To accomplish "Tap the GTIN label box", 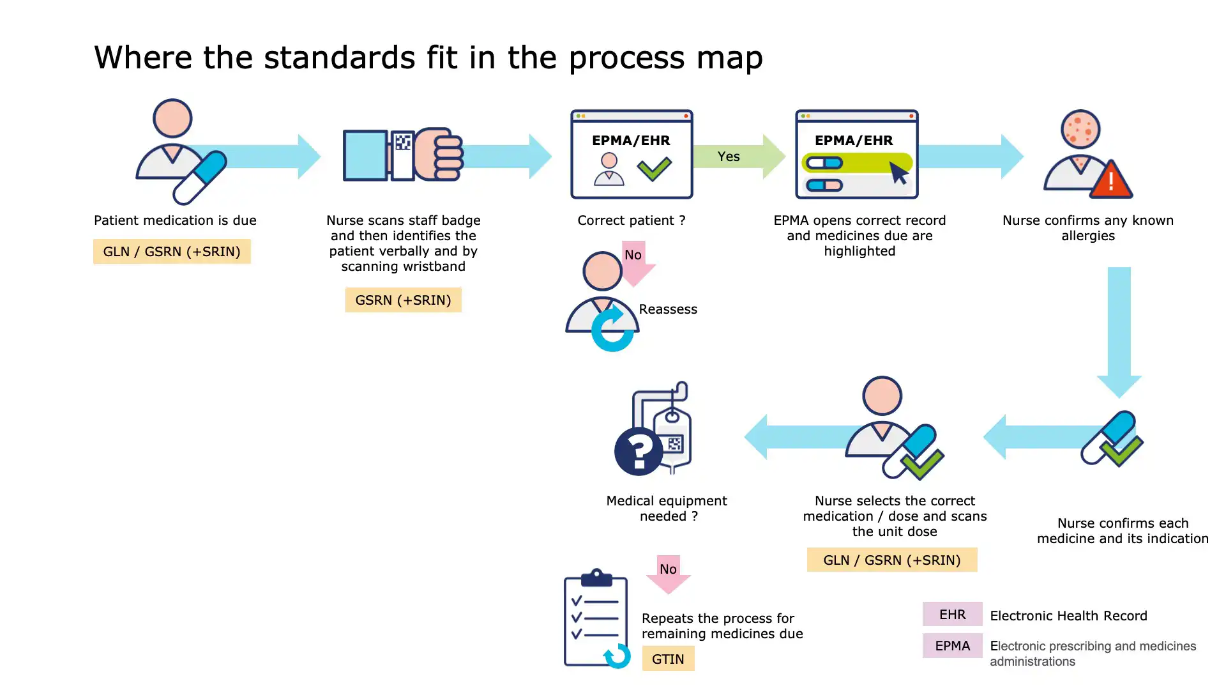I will pyautogui.click(x=668, y=659).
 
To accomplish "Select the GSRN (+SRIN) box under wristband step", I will pyautogui.click(x=403, y=300).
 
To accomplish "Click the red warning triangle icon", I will pyautogui.click(x=1111, y=181).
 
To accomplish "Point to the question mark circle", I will pyautogui.click(x=638, y=452).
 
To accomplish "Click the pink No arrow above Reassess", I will pyautogui.click(x=636, y=262).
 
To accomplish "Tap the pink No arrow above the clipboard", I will pyautogui.click(x=668, y=573).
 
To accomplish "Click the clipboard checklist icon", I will pyautogui.click(x=595, y=618).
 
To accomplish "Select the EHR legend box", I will pyautogui.click(x=952, y=614).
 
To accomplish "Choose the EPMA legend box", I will pyautogui.click(x=952, y=646).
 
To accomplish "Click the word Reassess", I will pyautogui.click(x=668, y=309).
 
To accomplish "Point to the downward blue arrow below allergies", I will pyautogui.click(x=1119, y=329).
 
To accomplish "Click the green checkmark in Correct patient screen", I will pyautogui.click(x=654, y=169).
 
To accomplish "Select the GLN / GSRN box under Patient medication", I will pyautogui.click(x=172, y=252).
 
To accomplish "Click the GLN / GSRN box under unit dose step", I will pyautogui.click(x=891, y=560).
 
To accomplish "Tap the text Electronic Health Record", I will pyautogui.click(x=1068, y=616).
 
